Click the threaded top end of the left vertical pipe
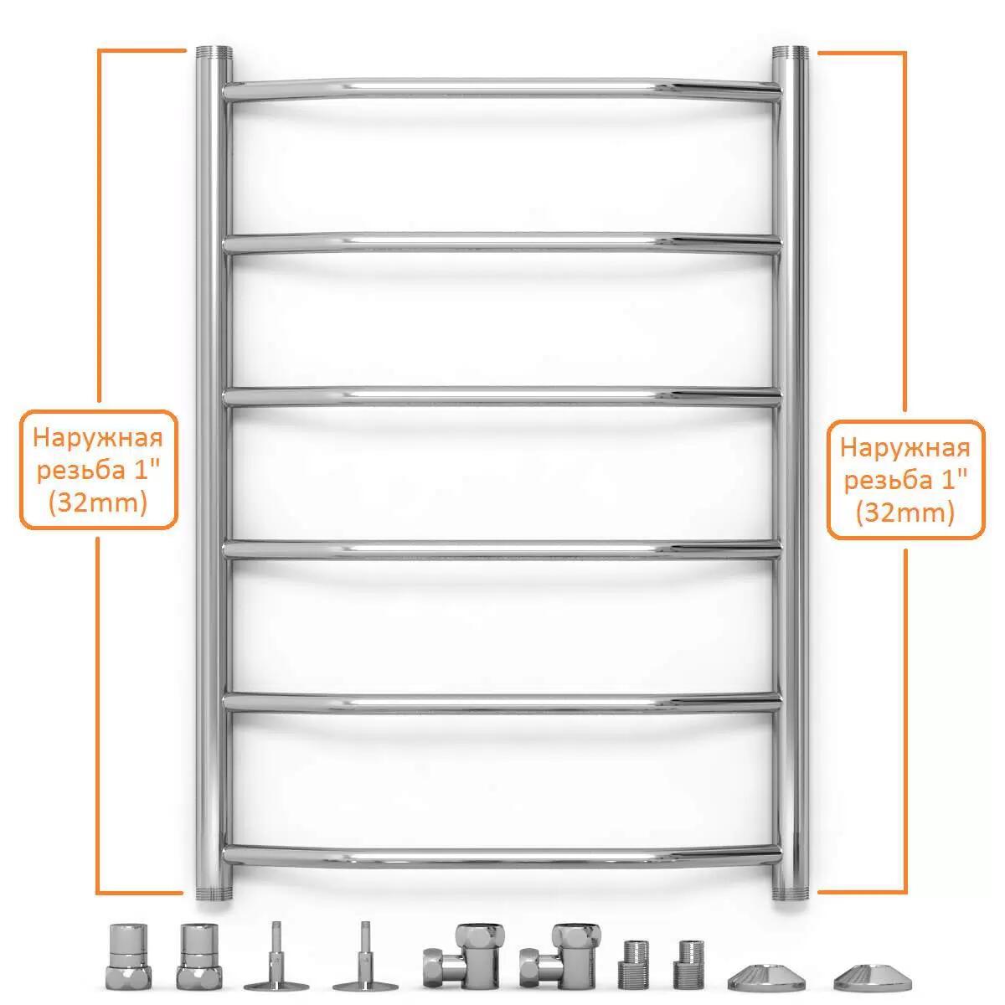[x=214, y=53]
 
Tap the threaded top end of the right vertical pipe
[x=790, y=53]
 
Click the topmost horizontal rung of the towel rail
[x=502, y=90]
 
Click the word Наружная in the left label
[x=98, y=438]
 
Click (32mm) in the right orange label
[x=905, y=513]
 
